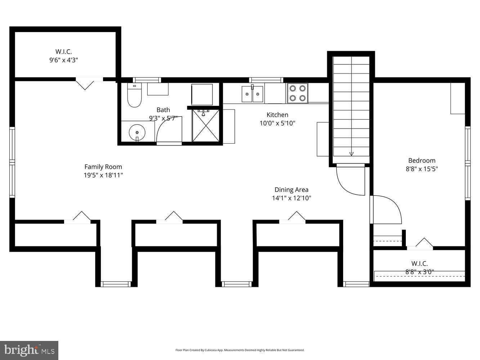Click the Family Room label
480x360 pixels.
(103, 167)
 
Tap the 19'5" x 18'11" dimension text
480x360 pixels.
(103, 175)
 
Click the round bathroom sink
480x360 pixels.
(136, 132)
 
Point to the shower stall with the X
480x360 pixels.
(206, 126)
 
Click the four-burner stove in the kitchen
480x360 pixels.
(297, 93)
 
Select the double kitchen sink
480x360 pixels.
(252, 94)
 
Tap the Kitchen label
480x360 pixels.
(277, 115)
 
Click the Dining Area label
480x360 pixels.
(291, 190)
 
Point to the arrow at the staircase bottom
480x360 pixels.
(351, 154)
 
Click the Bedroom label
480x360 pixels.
(422, 161)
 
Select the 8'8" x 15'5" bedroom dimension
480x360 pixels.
(422, 169)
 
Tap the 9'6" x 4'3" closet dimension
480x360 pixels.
(64, 60)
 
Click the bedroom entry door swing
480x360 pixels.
(387, 210)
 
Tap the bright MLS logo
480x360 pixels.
(29, 350)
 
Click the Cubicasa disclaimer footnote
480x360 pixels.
(240, 350)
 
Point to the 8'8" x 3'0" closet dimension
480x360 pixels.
(420, 272)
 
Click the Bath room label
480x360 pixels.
(163, 110)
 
